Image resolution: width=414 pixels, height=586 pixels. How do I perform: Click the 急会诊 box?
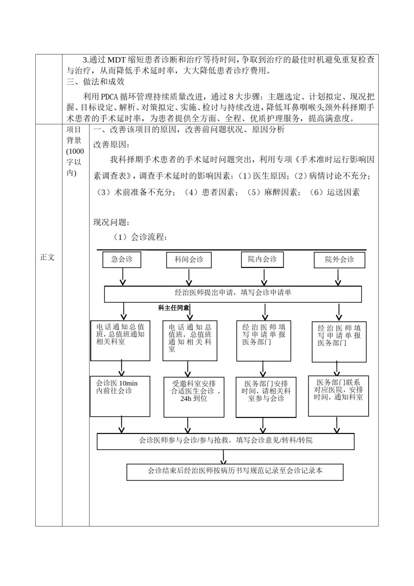click(122, 260)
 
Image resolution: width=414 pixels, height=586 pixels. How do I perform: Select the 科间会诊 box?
click(189, 260)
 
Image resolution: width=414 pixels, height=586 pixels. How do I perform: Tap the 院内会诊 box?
click(262, 260)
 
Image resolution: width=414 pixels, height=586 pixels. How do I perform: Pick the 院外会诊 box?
click(339, 260)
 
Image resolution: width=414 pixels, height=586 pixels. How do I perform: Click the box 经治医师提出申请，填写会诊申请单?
click(233, 294)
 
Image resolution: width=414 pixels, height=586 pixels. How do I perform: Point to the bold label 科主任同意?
click(173, 308)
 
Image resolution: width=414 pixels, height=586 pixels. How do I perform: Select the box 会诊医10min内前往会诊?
click(120, 396)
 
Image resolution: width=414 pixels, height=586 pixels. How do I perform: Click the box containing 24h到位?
click(194, 397)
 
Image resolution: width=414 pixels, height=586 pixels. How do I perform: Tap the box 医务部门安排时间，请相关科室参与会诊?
click(266, 397)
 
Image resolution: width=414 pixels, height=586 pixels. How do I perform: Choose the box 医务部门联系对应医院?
click(339, 396)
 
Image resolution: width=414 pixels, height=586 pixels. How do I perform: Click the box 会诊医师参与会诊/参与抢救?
click(226, 442)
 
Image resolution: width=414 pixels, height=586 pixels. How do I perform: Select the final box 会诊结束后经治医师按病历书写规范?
click(235, 472)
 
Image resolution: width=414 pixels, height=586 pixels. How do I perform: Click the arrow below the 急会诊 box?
click(123, 277)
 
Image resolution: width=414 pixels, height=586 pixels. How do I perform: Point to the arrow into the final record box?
click(223, 457)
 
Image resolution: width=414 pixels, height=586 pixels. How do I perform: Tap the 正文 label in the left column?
click(47, 257)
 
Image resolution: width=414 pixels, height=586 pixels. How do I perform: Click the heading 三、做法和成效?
click(96, 81)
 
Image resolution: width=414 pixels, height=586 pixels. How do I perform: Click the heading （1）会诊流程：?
click(140, 237)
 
